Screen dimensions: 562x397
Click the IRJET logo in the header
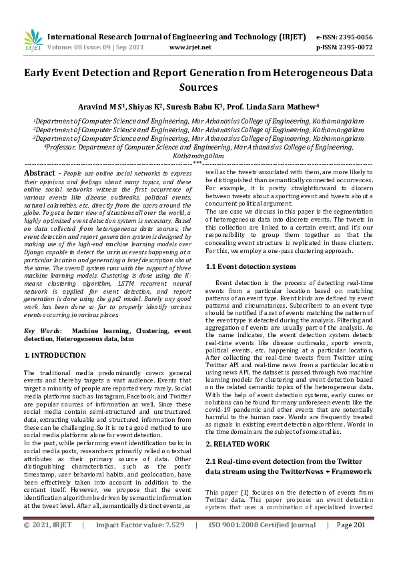[x=33, y=41]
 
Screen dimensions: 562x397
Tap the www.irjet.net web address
[x=190, y=47]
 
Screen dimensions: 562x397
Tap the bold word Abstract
[x=39, y=173]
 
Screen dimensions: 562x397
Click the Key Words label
[x=43, y=331]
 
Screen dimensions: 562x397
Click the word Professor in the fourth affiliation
[x=67, y=146]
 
